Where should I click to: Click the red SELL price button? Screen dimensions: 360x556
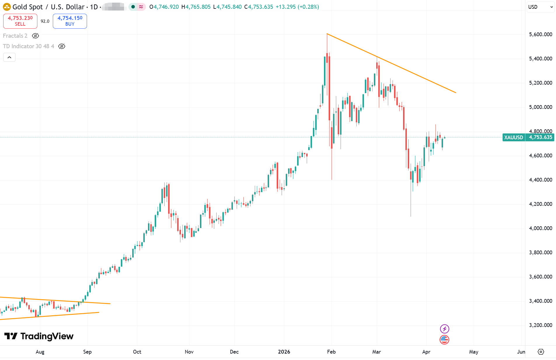pyautogui.click(x=20, y=21)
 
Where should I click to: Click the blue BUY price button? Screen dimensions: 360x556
pyautogui.click(x=70, y=21)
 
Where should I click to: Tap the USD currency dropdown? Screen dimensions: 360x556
pyautogui.click(x=540, y=7)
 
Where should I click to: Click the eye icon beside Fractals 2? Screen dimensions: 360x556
pyautogui.click(x=35, y=36)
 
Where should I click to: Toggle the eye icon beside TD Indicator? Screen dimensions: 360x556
pyautogui.click(x=62, y=46)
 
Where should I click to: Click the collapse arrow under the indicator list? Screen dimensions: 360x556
pyautogui.click(x=9, y=58)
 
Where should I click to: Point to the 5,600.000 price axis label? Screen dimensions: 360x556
pyautogui.click(x=540, y=34)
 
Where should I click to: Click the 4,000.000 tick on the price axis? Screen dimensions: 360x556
pyautogui.click(x=540, y=228)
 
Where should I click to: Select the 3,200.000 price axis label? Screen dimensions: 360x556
pyautogui.click(x=540, y=325)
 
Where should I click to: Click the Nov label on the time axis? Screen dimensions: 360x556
pyautogui.click(x=189, y=352)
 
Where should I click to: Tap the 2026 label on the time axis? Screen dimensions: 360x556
pyautogui.click(x=284, y=352)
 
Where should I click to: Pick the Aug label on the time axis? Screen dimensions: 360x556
pyautogui.click(x=40, y=352)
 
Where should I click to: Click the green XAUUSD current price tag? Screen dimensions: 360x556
pyautogui.click(x=528, y=137)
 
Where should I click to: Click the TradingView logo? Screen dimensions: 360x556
pyautogui.click(x=39, y=336)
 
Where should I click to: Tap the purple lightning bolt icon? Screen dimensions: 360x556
pyautogui.click(x=445, y=329)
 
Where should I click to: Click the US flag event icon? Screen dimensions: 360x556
pyautogui.click(x=445, y=340)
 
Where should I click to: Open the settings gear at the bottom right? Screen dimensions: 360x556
pyautogui.click(x=541, y=352)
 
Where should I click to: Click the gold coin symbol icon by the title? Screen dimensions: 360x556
pyautogui.click(x=7, y=7)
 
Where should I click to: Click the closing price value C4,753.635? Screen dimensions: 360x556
pyautogui.click(x=259, y=7)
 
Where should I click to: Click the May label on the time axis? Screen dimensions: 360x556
pyautogui.click(x=473, y=352)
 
